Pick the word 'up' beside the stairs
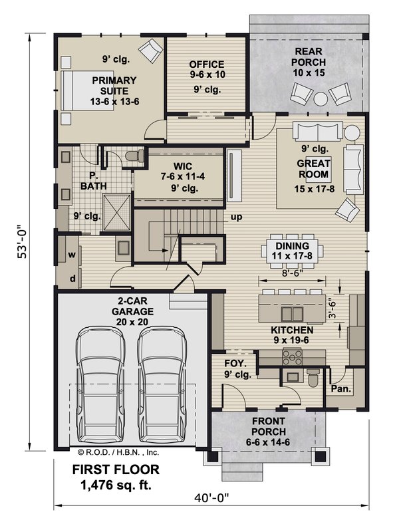point(236,217)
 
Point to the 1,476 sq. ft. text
point(115,485)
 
